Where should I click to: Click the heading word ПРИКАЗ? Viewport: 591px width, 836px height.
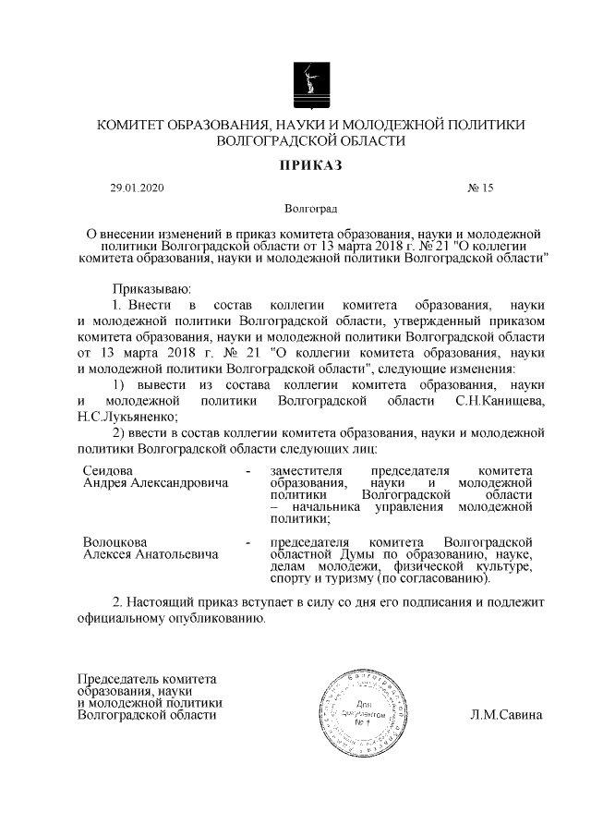coord(310,165)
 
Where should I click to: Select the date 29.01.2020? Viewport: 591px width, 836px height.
coord(136,188)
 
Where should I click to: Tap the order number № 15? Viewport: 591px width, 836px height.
coord(481,188)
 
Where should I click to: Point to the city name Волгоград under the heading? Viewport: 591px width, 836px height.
coord(310,210)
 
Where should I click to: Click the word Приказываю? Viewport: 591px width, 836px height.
coord(151,289)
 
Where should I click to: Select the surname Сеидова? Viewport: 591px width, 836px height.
coord(108,471)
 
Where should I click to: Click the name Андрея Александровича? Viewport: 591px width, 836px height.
coord(154,483)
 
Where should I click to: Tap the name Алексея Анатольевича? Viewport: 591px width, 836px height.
coord(151,554)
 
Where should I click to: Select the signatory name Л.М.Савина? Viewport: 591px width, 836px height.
coord(506,715)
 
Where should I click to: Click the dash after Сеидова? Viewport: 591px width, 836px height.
coord(248,471)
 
